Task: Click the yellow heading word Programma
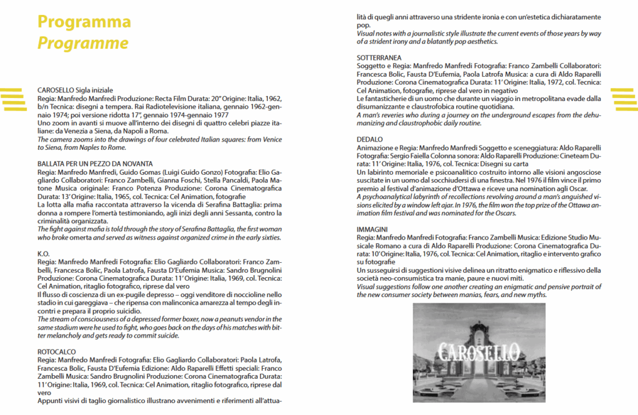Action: pyautogui.click(x=84, y=22)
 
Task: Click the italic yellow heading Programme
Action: pyautogui.click(x=83, y=43)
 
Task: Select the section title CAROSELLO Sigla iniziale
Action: pyautogui.click(x=75, y=90)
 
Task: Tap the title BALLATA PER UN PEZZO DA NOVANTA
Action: pyautogui.click(x=95, y=164)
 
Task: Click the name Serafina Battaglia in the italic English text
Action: pyautogui.click(x=219, y=229)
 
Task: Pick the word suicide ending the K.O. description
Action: pyautogui.click(x=168, y=335)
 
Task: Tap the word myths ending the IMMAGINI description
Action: pyautogui.click(x=536, y=295)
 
